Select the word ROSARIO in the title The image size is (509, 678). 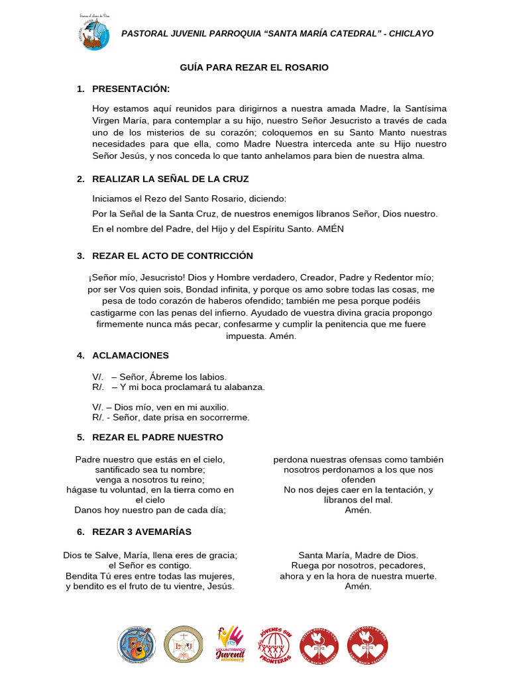pos(308,68)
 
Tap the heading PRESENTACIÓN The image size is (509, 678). pos(131,89)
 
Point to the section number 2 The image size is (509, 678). pos(80,179)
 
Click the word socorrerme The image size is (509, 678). pos(225,417)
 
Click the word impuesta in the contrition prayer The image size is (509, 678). pos(247,336)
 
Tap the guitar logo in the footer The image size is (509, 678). pos(137,645)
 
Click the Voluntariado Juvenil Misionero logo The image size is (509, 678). pos(231,645)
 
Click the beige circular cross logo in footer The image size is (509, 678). pos(184,645)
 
